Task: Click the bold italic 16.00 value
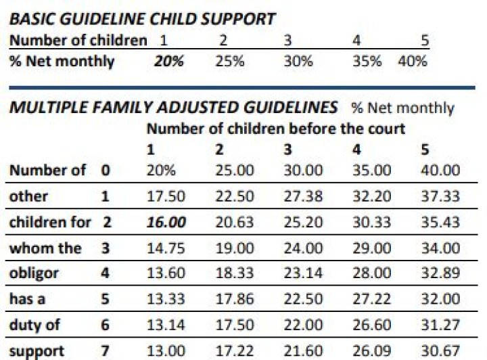pos(167,222)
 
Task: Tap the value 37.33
pos(440,196)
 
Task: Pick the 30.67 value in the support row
pos(440,351)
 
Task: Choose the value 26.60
pos(372,325)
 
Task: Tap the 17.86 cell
pos(235,300)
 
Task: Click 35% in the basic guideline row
pos(367,62)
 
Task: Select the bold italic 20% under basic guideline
pos(168,62)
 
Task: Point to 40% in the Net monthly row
pos(413,62)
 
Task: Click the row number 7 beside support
pos(105,351)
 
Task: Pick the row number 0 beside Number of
pos(105,171)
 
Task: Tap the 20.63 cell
pos(235,222)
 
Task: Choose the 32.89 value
pos(440,274)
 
